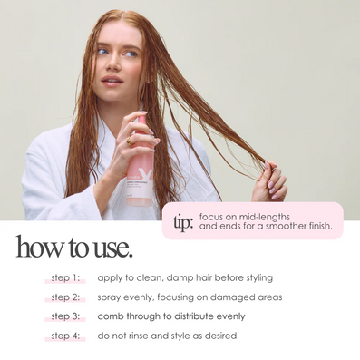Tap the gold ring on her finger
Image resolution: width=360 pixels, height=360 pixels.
130,141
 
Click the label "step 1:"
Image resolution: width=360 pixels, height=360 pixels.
65,277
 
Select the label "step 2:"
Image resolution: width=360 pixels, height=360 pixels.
65,297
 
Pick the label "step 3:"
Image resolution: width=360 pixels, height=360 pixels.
65,316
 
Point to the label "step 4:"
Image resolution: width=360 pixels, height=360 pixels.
65,336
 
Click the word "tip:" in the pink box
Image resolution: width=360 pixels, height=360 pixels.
183,223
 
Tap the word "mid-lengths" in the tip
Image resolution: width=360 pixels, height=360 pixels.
265,217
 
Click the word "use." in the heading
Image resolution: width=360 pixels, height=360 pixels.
113,248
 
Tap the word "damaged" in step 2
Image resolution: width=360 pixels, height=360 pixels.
232,298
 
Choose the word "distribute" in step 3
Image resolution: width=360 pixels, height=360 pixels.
194,316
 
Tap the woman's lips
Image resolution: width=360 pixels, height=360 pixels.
112,81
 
